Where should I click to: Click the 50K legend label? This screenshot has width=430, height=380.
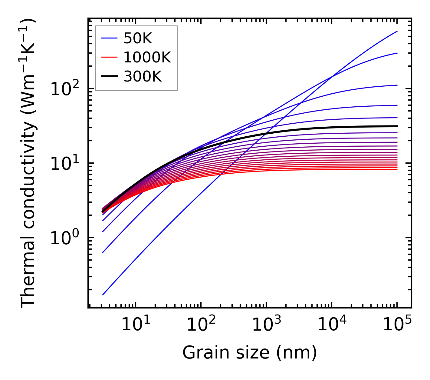[x=138, y=38]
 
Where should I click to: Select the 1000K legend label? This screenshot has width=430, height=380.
[x=147, y=57]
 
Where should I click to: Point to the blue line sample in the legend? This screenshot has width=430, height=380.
[x=109, y=38]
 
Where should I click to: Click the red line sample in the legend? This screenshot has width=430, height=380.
[x=109, y=57]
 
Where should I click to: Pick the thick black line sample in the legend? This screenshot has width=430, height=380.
[x=109, y=77]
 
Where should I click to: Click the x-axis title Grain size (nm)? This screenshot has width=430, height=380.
[x=250, y=352]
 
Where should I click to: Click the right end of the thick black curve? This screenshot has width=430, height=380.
[x=397, y=126]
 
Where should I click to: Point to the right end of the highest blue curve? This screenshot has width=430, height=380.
[x=397, y=31]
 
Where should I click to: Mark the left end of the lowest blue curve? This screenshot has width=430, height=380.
[x=103, y=295]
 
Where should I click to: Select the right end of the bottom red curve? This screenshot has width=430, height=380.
[x=397, y=169]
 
